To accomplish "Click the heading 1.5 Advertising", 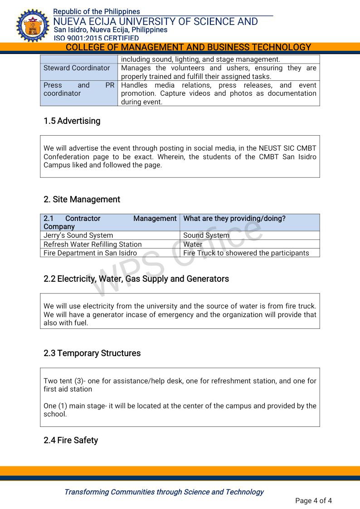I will tap(72, 121).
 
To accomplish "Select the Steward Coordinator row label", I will tap(77, 68).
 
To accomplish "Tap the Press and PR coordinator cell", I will tap(78, 89).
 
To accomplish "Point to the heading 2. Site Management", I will tap(82, 200).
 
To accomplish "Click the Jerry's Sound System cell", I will tap(78, 235).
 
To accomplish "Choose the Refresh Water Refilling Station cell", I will tap(92, 244).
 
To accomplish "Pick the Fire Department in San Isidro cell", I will tap(90, 253).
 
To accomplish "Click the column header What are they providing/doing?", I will tap(234, 219).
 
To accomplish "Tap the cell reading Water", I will tap(193, 244).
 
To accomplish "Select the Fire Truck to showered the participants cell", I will tap(246, 253).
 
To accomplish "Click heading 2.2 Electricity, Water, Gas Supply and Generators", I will tap(136, 279).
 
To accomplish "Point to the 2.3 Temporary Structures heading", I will tap(92, 353).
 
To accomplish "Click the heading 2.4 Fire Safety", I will tap(71, 440).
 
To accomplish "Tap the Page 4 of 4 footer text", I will tap(313, 501).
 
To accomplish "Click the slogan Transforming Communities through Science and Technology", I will tap(164, 492).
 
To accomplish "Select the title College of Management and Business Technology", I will tap(188, 47).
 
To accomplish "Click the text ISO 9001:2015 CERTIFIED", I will tap(96, 38).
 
